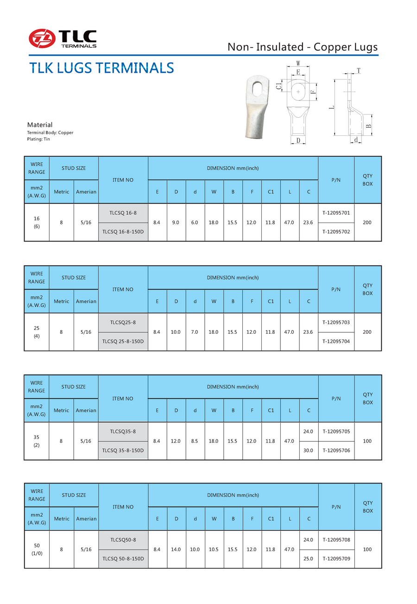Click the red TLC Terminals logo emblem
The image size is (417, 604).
[42, 38]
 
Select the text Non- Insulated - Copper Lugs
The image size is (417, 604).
[303, 47]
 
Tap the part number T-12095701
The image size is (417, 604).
[336, 213]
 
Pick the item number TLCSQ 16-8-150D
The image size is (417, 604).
[123, 232]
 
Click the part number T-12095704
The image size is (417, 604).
[336, 341]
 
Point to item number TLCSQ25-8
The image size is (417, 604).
[123, 322]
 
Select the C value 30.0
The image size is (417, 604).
[308, 450]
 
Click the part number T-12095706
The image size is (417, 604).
[336, 450]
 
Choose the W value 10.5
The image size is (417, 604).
[214, 549]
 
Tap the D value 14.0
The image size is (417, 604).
[176, 549]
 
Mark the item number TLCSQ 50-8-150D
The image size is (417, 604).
[123, 559]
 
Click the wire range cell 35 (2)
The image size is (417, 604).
[37, 441]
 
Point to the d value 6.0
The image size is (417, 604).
[195, 223]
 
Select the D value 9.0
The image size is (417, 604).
[176, 223]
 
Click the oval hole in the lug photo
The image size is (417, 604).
[256, 88]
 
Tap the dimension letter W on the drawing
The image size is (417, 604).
[298, 63]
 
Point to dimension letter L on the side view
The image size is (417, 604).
[331, 108]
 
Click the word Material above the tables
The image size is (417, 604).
[40, 125]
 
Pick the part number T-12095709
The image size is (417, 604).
[336, 559]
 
